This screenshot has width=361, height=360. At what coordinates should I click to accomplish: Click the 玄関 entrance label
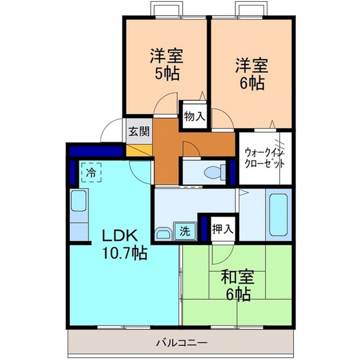coord(139,131)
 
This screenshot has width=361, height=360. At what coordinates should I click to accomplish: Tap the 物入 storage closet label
coord(195,117)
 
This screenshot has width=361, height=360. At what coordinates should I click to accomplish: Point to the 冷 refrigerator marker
coord(91,172)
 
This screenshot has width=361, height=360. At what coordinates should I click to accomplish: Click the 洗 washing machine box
coord(185,231)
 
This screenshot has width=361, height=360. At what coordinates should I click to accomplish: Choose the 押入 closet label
coord(223,229)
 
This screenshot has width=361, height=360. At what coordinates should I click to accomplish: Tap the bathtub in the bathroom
coord(279,215)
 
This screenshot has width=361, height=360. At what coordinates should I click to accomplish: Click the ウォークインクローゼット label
coord(265,158)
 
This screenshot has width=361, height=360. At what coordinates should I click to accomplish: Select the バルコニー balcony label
coord(182,343)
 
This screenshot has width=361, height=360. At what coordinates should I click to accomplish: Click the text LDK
coord(120,236)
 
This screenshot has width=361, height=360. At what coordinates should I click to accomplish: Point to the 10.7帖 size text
coord(124,253)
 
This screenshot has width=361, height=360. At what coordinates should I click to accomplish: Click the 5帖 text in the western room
coord(167,74)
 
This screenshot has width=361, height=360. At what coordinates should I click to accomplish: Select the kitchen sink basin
coord(78,201)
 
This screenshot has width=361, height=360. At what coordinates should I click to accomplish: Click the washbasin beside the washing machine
coord(163,234)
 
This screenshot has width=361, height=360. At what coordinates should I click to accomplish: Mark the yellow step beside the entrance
coord(139,150)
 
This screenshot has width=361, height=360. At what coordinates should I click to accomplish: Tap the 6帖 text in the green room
coord(238,295)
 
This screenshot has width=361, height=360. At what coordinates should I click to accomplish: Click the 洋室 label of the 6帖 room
coord(252,66)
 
